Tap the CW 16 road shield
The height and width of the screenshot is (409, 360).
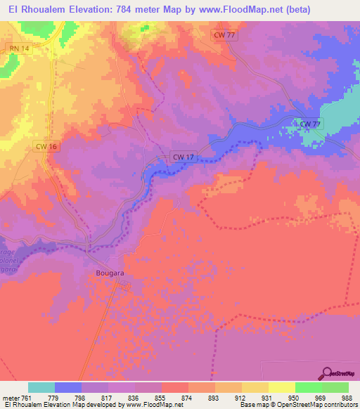pyautogui.click(x=44, y=146)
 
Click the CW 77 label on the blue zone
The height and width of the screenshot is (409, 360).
pyautogui.click(x=310, y=124)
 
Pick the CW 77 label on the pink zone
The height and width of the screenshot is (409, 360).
pyautogui.click(x=224, y=35)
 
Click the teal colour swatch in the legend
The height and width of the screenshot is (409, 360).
pyautogui.click(x=41, y=387)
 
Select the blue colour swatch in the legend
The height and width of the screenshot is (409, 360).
pyautogui.click(x=68, y=387)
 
